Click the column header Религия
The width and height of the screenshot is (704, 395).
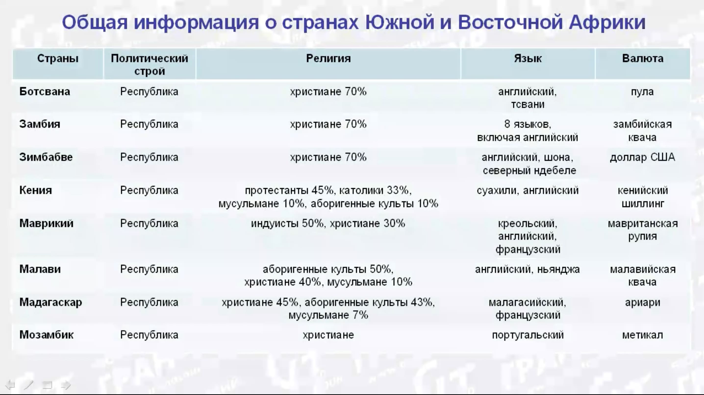[328, 59]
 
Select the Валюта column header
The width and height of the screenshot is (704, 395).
[642, 59]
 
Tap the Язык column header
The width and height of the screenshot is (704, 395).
[528, 59]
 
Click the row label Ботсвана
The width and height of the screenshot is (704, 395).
[45, 91]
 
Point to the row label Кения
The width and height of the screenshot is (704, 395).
[36, 190]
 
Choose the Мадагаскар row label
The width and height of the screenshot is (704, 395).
[50, 302]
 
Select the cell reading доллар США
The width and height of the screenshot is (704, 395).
[642, 157]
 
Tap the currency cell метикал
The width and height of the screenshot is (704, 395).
[642, 335]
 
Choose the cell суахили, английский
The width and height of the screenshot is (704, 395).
[528, 191]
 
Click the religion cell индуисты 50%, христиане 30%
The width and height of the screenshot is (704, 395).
[328, 224]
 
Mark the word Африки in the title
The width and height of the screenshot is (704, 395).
[607, 22]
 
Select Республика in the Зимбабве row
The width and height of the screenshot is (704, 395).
[149, 157]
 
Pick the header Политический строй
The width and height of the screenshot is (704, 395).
[150, 65]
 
